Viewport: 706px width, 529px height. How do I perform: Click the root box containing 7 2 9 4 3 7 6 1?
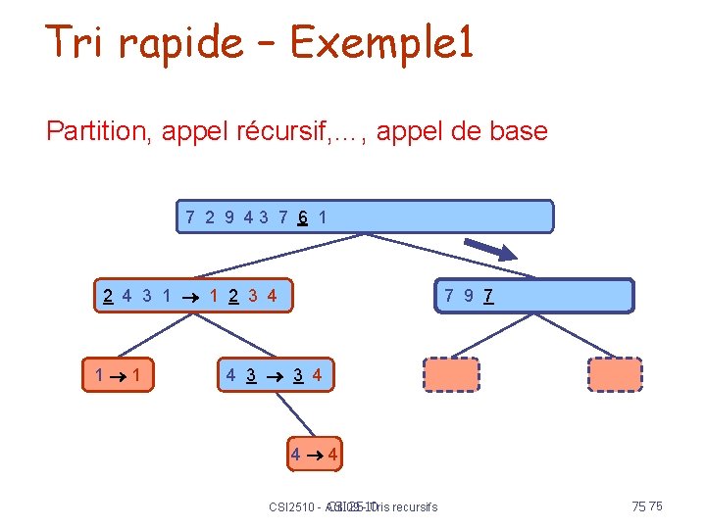[366, 216]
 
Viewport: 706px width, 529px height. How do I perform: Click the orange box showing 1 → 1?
[117, 373]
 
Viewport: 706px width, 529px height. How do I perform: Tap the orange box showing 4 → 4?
[314, 455]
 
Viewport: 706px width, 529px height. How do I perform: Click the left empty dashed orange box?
[452, 374]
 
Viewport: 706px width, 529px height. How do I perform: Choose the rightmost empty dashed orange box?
[615, 374]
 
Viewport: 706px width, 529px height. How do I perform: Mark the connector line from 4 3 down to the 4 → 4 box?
[295, 411]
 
